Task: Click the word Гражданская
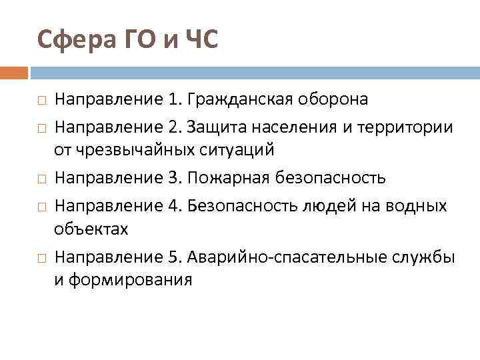click(244, 100)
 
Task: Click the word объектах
click(91, 229)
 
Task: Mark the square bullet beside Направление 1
click(42, 101)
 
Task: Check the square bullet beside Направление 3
click(42, 179)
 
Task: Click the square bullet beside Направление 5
click(42, 257)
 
